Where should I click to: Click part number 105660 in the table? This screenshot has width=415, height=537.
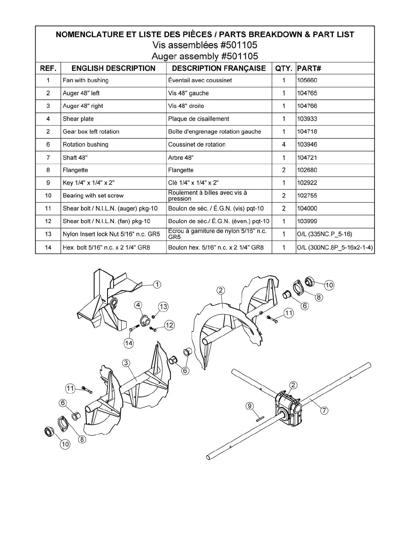click(307, 80)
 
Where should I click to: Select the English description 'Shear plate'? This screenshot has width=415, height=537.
click(78, 119)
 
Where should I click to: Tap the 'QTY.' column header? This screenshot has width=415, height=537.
click(283, 68)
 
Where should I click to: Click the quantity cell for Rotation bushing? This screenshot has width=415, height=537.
click(284, 144)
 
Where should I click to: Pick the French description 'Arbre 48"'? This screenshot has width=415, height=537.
click(181, 158)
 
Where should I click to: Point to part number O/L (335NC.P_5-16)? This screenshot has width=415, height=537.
click(324, 234)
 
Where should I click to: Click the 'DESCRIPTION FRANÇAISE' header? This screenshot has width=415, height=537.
click(219, 68)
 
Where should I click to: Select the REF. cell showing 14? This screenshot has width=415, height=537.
click(48, 247)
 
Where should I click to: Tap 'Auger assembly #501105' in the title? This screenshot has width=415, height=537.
click(205, 56)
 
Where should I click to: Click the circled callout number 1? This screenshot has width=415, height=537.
click(157, 284)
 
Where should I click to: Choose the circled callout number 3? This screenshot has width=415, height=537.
click(126, 363)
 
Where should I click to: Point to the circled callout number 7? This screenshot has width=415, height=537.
click(324, 411)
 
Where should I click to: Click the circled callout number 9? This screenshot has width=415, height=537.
click(250, 406)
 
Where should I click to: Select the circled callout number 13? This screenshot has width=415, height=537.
click(163, 307)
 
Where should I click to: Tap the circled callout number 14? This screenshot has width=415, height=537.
click(129, 343)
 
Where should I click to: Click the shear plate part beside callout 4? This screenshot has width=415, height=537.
click(145, 320)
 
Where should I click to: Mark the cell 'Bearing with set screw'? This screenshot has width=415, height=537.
click(93, 196)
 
